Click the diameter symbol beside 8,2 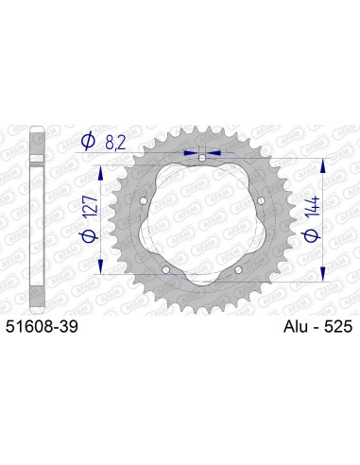87,142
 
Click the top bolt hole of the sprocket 201,158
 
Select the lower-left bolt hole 165,270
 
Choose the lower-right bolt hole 237,270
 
